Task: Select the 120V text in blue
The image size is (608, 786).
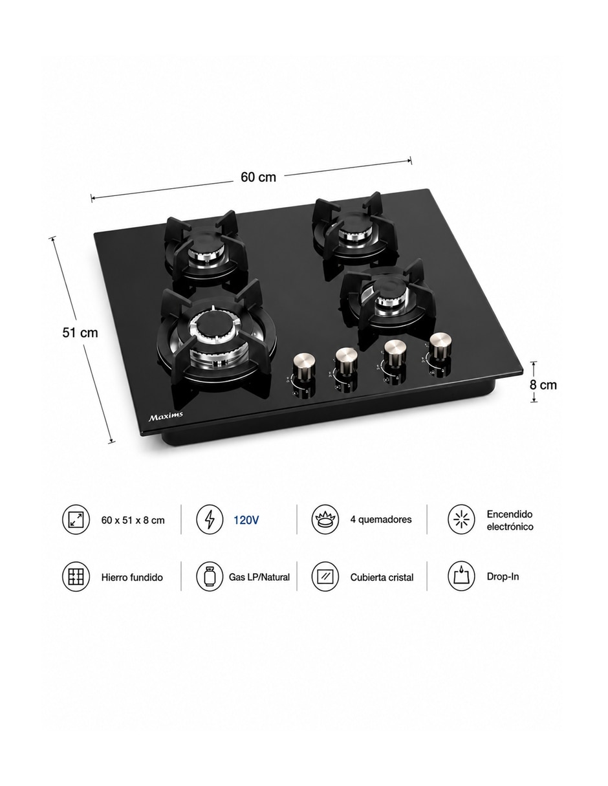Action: click(x=246, y=519)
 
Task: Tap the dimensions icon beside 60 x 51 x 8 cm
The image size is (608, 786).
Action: click(x=76, y=519)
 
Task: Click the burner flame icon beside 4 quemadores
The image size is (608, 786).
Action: click(x=325, y=519)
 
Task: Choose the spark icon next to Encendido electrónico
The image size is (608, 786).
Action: click(x=462, y=519)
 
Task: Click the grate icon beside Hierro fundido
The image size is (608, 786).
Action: click(x=76, y=576)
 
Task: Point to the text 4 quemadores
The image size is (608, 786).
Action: click(x=381, y=519)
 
